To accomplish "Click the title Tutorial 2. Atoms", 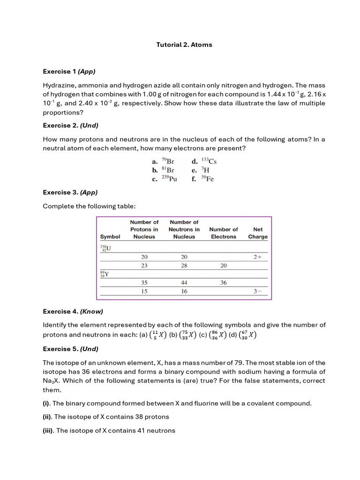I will [x=184, y=45].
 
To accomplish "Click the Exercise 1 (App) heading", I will [x=69, y=72].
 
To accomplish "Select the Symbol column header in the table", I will [x=110, y=237].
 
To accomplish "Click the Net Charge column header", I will [x=258, y=233].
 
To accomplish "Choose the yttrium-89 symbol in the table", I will [x=104, y=274].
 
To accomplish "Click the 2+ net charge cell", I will [x=257, y=257].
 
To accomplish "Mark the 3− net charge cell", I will [x=257, y=291].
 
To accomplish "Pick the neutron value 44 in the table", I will [x=184, y=283].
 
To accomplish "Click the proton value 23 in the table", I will [x=144, y=265].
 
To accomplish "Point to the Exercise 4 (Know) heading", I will [x=73, y=312].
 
